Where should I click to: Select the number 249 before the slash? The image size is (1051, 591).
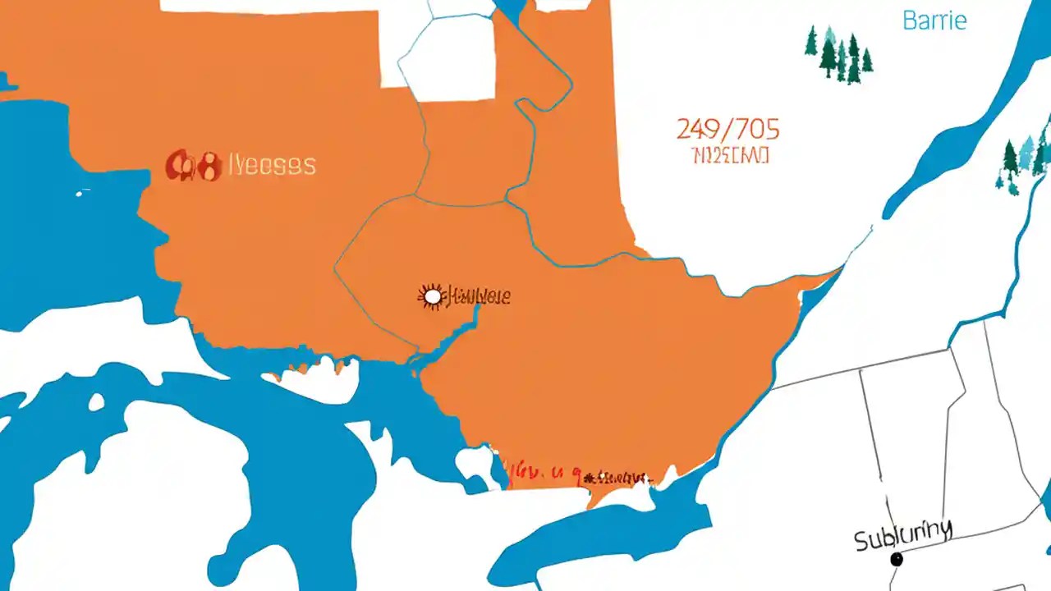(x=700, y=129)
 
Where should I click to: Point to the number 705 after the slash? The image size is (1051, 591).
(x=755, y=129)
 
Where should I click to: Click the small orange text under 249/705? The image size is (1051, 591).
(x=730, y=154)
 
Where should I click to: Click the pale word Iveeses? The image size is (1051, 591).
(x=271, y=165)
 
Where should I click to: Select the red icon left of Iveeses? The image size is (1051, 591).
(x=194, y=166)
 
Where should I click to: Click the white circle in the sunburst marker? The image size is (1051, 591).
(x=432, y=296)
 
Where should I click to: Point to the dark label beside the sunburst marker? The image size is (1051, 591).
(x=478, y=296)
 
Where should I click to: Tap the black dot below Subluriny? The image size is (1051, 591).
(x=897, y=559)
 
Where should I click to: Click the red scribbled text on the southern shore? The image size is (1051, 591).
(x=575, y=474)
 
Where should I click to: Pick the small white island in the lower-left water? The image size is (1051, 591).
(x=97, y=402)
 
